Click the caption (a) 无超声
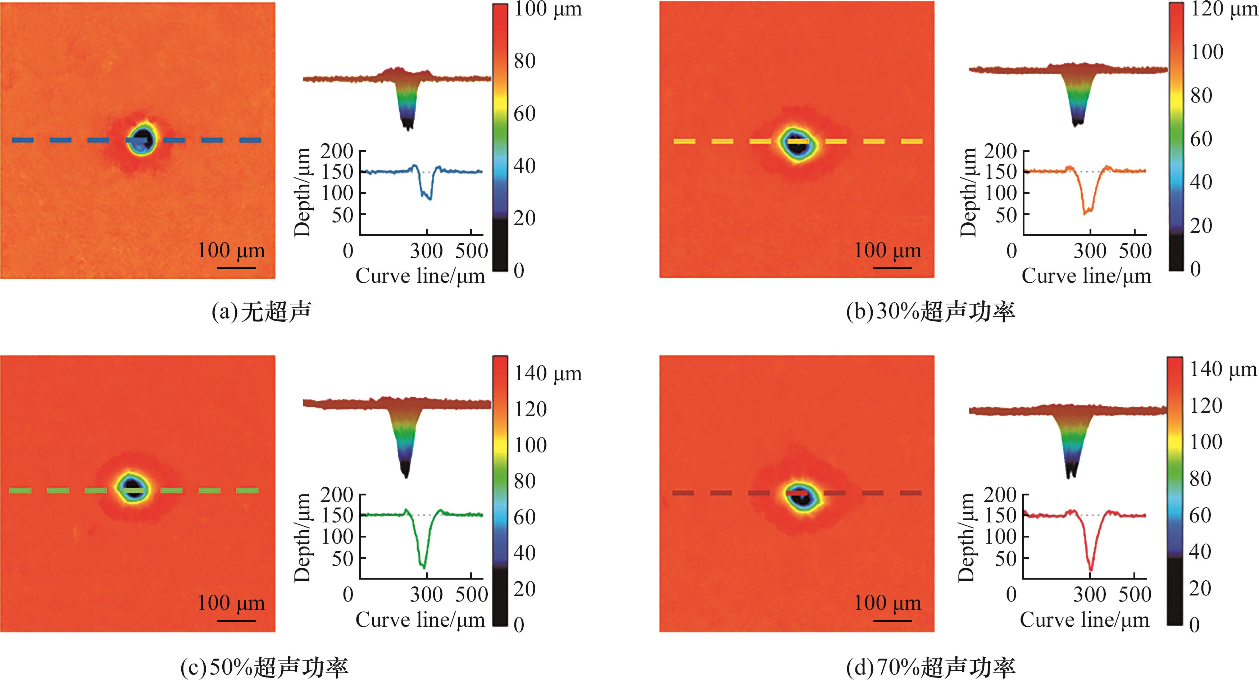(262, 312)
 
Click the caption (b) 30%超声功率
(931, 312)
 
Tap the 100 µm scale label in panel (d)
(887, 603)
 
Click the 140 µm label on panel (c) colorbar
(548, 373)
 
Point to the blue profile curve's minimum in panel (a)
(430, 199)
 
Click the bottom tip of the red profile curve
(1090, 570)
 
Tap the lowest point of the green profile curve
(424, 568)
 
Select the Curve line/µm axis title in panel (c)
(420, 620)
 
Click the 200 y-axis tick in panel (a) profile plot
(337, 151)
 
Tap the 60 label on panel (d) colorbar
(1200, 515)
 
